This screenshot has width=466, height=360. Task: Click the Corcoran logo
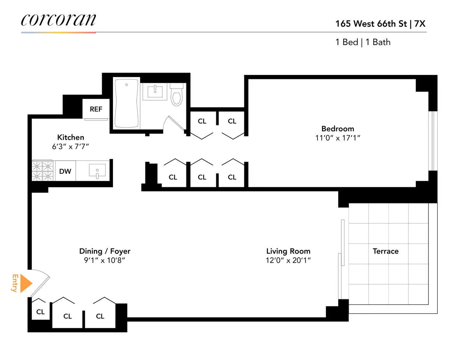58,20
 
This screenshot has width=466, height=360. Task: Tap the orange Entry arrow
25,284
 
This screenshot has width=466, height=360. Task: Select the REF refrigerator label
96,109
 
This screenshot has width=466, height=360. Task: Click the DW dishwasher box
65,171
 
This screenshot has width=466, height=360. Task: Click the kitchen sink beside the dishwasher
97,170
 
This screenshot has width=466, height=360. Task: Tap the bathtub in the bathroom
126,103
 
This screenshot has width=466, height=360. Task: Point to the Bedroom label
337,129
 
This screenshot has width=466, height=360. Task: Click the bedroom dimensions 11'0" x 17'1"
337,138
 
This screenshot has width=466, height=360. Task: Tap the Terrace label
386,251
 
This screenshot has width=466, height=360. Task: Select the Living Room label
288,251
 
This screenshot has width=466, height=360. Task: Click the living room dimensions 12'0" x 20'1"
288,261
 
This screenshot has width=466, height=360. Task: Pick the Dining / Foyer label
105,251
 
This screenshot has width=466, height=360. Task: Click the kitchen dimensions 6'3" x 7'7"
71,146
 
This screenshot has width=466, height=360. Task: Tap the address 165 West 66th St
370,24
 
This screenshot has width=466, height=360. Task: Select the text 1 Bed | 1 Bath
363,42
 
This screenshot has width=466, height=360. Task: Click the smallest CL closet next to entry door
40,311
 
